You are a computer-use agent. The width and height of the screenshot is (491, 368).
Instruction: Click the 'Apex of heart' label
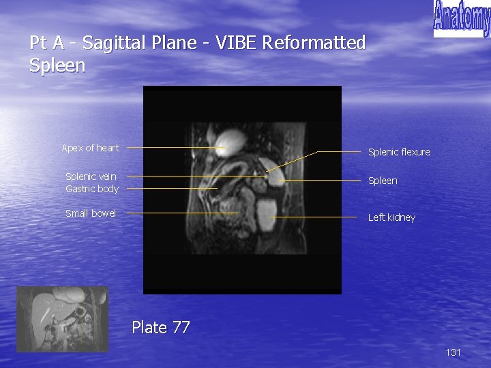point(90,148)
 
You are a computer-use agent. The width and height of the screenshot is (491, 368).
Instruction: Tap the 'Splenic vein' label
point(91,177)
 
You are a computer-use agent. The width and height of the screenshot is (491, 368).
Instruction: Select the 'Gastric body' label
point(92,189)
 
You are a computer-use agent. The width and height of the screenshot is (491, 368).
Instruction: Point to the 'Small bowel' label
point(91,213)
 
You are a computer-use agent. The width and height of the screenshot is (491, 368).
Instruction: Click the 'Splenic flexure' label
point(399,152)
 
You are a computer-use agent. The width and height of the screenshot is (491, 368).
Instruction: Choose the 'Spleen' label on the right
point(383,181)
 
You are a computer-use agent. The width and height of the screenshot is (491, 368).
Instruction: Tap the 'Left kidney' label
point(391,217)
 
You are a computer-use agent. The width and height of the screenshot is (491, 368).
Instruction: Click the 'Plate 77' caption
point(160,328)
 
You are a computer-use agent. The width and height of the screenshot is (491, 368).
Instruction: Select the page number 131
point(453,352)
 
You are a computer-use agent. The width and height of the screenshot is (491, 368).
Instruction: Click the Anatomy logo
point(462,18)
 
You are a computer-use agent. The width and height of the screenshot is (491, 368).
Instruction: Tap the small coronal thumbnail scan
point(62,319)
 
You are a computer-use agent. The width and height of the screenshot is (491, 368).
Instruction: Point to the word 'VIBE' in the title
point(237,43)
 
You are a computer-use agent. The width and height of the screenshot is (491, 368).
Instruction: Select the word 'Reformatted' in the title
point(314,43)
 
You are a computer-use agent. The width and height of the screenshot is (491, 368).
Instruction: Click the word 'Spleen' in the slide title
point(57,65)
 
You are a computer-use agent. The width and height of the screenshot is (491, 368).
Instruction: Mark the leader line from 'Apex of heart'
point(170,147)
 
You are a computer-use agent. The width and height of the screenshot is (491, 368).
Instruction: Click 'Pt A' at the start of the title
point(47,43)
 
